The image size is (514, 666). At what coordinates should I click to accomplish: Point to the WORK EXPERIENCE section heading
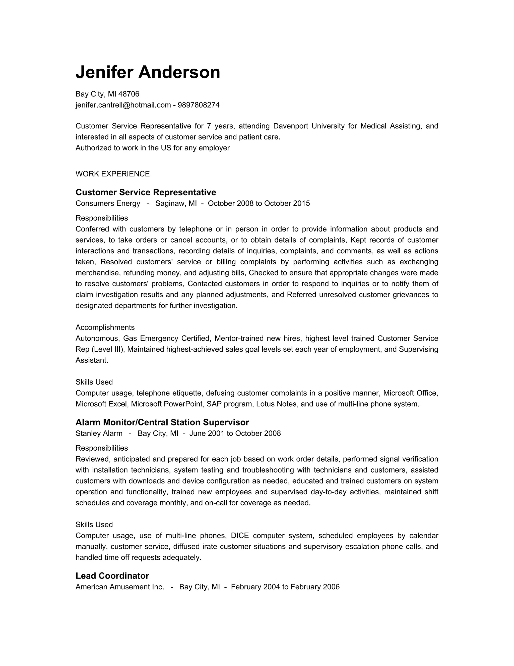(x=113, y=174)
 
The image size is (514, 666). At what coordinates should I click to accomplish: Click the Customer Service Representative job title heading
(x=146, y=192)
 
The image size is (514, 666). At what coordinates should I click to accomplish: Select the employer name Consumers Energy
(x=108, y=203)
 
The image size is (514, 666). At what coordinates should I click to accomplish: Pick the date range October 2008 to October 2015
(x=259, y=203)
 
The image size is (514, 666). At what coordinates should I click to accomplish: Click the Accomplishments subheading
(x=105, y=327)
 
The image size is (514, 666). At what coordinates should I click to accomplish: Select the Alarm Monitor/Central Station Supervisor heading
(x=162, y=422)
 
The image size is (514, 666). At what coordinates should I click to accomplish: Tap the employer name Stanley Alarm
(x=99, y=433)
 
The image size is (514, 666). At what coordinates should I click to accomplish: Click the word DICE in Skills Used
(x=240, y=536)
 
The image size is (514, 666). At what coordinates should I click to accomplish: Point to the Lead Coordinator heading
(x=112, y=576)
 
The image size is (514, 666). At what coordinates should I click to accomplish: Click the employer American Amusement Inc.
(x=120, y=587)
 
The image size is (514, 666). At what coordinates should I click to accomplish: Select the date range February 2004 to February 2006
(x=285, y=587)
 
